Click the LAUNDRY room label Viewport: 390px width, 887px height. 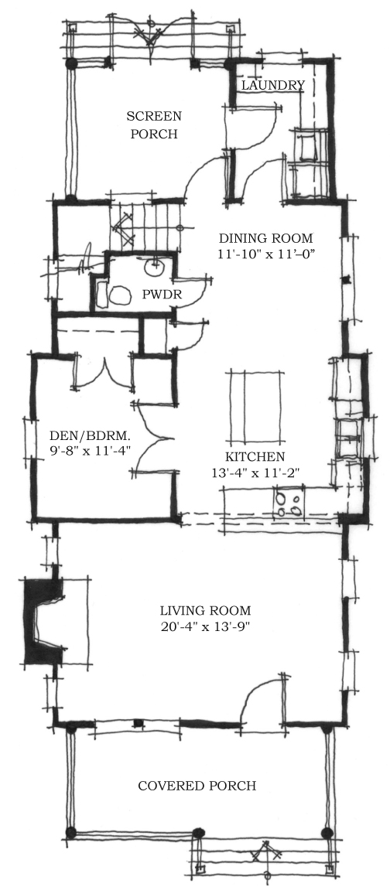click(273, 85)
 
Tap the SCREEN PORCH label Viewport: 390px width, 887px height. click(154, 125)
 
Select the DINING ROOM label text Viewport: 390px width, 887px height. click(266, 238)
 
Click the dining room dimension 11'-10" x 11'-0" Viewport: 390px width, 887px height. click(266, 254)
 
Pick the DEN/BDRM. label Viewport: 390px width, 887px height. click(90, 435)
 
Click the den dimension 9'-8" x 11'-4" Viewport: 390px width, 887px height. click(91, 451)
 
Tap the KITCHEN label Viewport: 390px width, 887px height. click(255, 457)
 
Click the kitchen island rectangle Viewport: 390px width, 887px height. click(255, 407)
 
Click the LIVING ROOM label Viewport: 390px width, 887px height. click(205, 611)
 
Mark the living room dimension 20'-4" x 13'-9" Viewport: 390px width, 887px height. click(205, 627)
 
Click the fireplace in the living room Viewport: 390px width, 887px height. click(43, 621)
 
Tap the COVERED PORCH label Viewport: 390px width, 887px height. click(197, 786)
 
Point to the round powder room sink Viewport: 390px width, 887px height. click(154, 267)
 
